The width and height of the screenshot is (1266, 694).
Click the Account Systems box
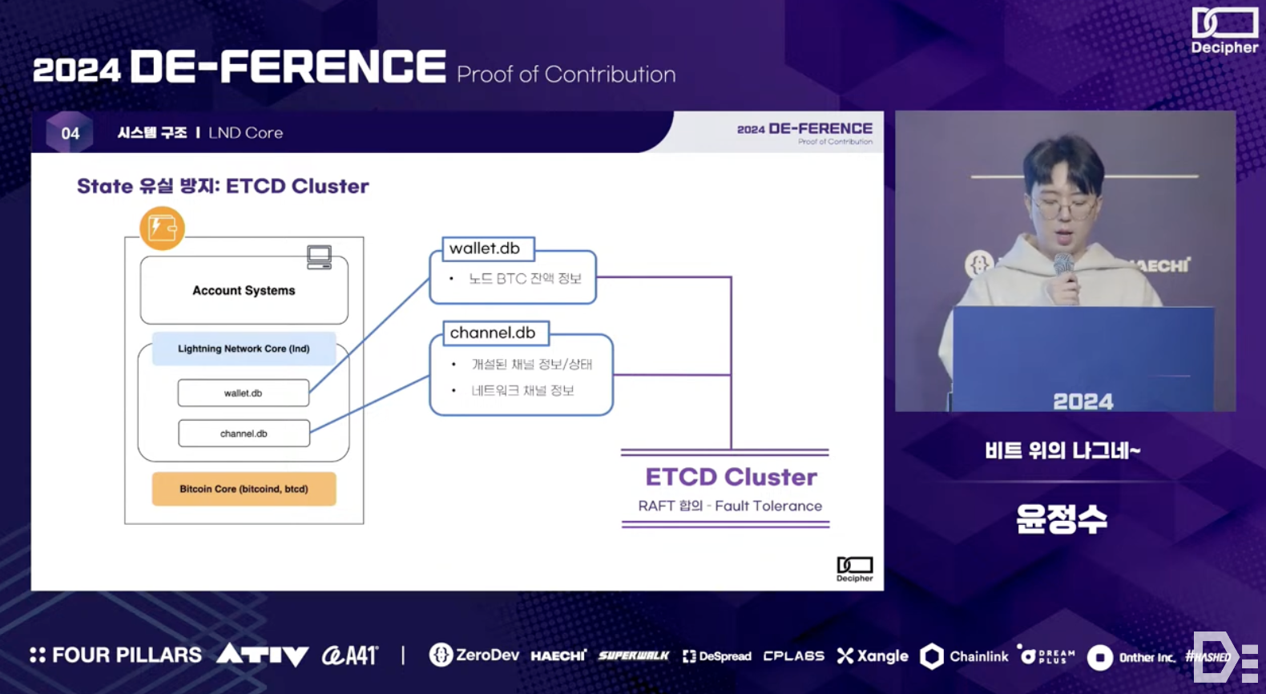244,290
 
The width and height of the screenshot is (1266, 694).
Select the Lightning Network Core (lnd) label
244,349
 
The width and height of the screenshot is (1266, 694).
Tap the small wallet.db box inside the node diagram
244,393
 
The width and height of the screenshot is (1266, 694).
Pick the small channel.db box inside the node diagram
244,434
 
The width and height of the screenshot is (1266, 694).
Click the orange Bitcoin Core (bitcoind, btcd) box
244,489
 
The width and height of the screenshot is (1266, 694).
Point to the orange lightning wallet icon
162,228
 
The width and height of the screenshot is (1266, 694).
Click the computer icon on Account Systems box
319,257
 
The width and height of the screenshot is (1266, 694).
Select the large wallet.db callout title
486,248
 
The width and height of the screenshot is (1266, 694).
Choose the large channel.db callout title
493,333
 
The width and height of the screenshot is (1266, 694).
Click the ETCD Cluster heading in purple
731,477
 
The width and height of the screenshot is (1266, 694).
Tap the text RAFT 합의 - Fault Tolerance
730,506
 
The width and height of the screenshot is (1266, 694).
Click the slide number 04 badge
71,133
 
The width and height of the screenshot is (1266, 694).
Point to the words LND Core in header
245,133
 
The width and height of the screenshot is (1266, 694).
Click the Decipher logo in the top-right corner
1224,30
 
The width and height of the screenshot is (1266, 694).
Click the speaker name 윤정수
1062,519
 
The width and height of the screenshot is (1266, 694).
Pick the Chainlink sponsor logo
965,656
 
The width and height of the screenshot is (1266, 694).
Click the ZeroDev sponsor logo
474,656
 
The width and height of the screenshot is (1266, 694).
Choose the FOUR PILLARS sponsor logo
116,656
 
